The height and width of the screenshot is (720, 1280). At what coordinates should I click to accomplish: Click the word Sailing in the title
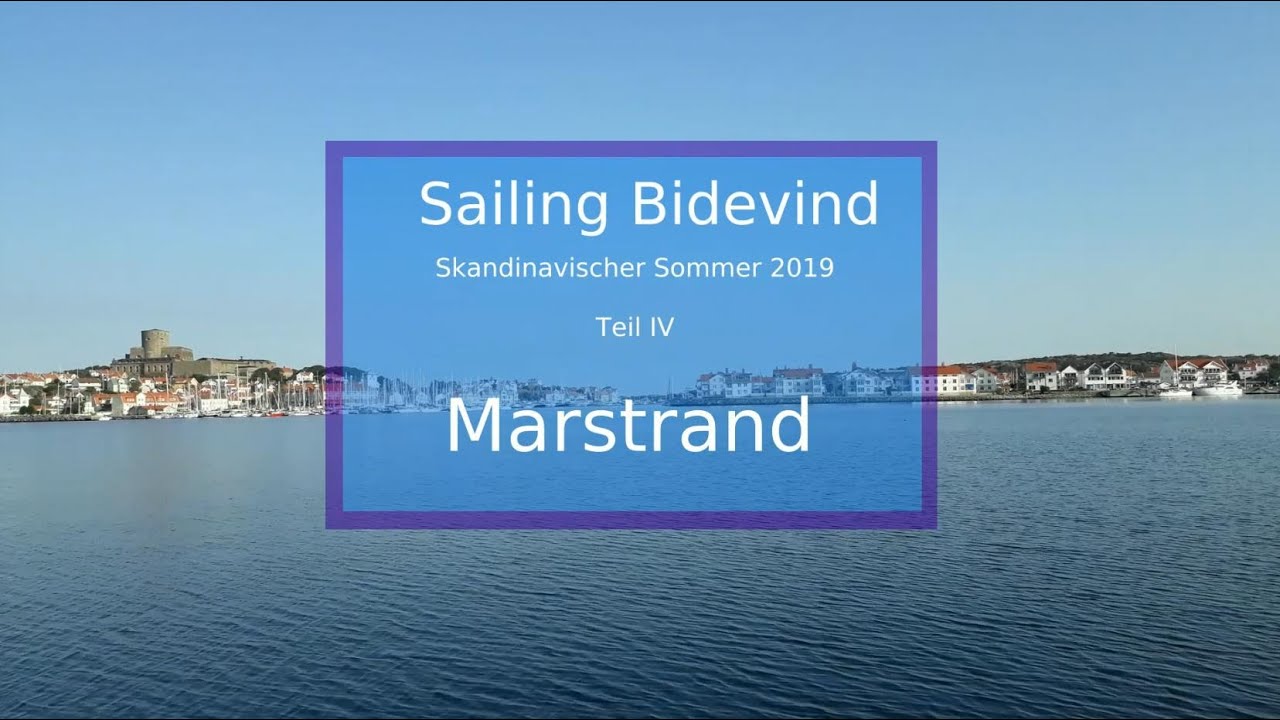click(513, 205)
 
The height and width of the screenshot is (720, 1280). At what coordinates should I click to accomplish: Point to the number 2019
click(802, 268)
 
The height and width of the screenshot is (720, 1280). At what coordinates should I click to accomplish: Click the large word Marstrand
click(627, 425)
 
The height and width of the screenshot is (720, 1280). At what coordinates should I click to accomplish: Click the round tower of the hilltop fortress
click(155, 343)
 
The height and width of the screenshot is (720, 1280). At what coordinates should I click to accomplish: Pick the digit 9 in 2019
click(825, 268)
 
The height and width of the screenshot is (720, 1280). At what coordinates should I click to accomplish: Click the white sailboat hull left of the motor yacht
click(1175, 392)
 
